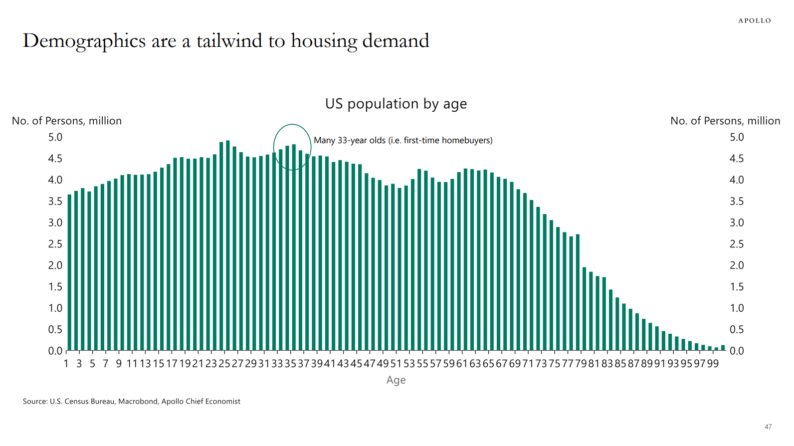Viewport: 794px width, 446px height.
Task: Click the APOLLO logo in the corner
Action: (754, 20)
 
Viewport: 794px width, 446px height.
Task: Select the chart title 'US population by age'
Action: (396, 104)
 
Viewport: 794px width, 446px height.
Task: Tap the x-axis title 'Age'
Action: (396, 381)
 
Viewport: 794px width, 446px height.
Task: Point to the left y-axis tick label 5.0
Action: (55, 137)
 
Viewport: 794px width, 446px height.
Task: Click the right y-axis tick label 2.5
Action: (737, 244)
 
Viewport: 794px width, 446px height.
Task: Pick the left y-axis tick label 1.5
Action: (55, 287)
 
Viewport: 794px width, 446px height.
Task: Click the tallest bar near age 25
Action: (228, 245)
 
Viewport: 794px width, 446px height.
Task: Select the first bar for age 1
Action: (69, 272)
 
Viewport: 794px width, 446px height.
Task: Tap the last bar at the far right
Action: (723, 348)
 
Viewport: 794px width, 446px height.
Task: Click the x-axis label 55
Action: (422, 364)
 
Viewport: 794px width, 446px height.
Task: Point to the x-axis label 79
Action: (581, 364)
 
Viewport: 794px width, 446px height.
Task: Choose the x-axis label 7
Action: (106, 364)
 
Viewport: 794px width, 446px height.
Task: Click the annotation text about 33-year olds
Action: (403, 140)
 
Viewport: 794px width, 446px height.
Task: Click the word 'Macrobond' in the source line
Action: (138, 401)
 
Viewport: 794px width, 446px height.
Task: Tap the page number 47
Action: (768, 427)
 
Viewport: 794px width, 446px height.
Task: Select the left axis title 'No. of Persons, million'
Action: (67, 121)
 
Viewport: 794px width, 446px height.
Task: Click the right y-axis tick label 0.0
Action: (737, 351)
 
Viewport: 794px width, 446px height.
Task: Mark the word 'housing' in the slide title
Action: (324, 41)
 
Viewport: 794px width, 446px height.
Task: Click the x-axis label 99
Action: (713, 364)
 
